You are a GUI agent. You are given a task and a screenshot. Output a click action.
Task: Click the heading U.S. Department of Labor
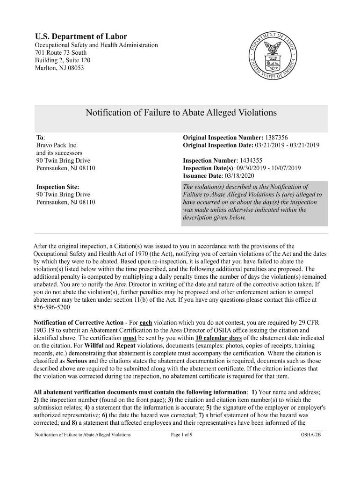coord(81,36)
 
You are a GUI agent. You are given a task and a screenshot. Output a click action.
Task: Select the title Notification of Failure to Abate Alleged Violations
coord(181,113)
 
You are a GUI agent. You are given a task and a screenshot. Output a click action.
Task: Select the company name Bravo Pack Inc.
coord(57,145)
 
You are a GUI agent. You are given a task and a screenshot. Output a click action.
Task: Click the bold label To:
coord(41,138)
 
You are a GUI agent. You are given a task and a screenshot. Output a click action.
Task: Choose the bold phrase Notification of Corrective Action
coord(80,323)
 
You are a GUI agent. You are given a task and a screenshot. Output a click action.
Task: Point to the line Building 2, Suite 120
coord(63,60)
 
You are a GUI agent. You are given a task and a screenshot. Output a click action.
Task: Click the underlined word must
coord(130,338)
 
